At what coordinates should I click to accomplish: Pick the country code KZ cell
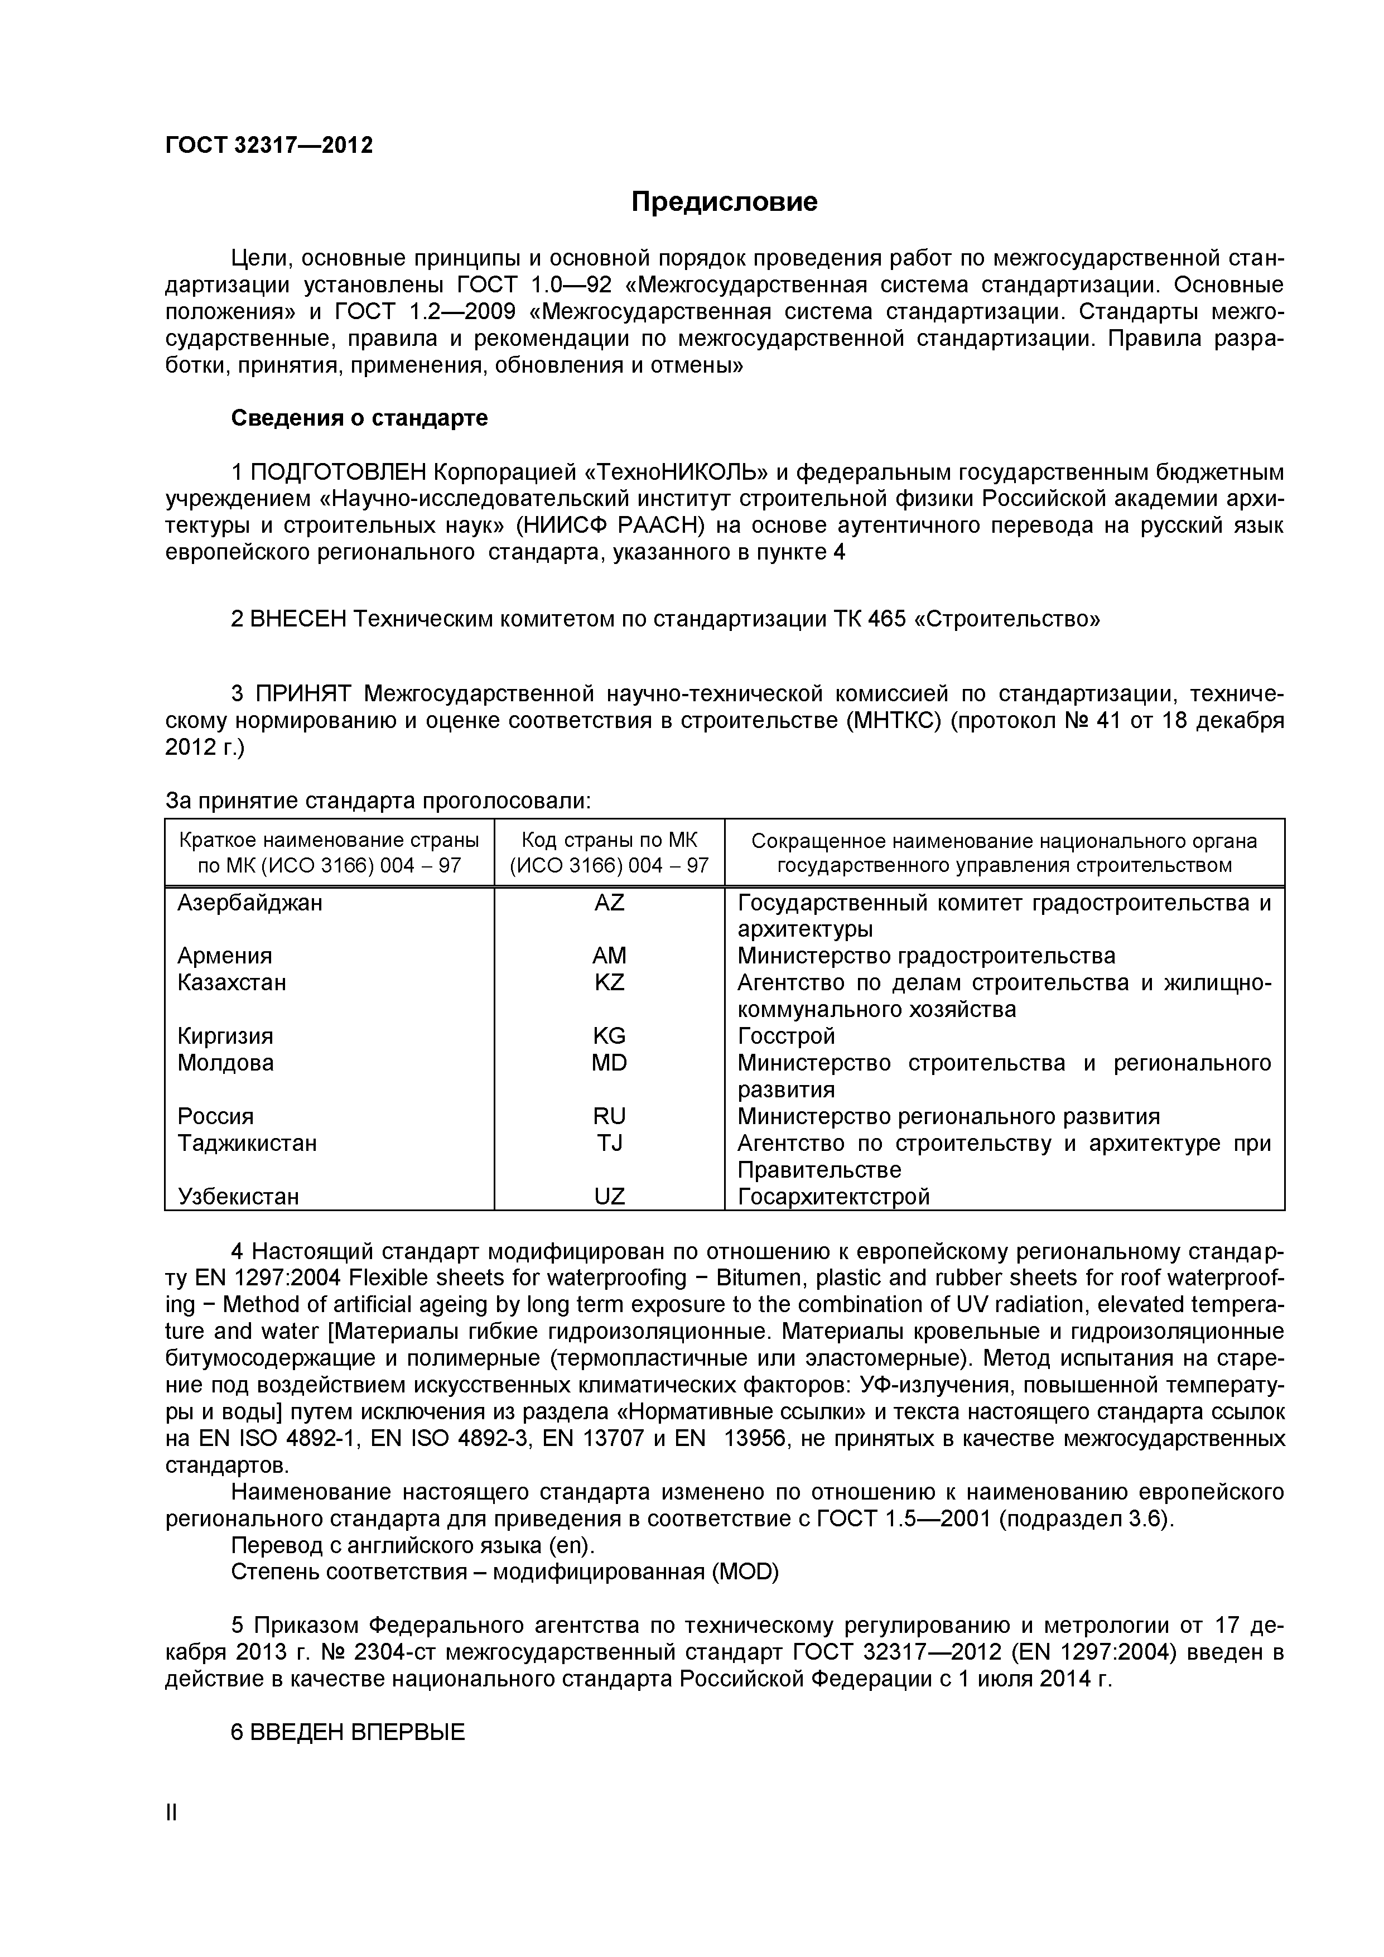point(609,983)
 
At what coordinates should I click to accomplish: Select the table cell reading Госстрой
point(786,1037)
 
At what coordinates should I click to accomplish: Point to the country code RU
point(609,1117)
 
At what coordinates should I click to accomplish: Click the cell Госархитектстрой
point(833,1197)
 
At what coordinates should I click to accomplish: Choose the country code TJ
point(609,1143)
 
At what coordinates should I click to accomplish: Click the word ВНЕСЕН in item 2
point(298,619)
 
